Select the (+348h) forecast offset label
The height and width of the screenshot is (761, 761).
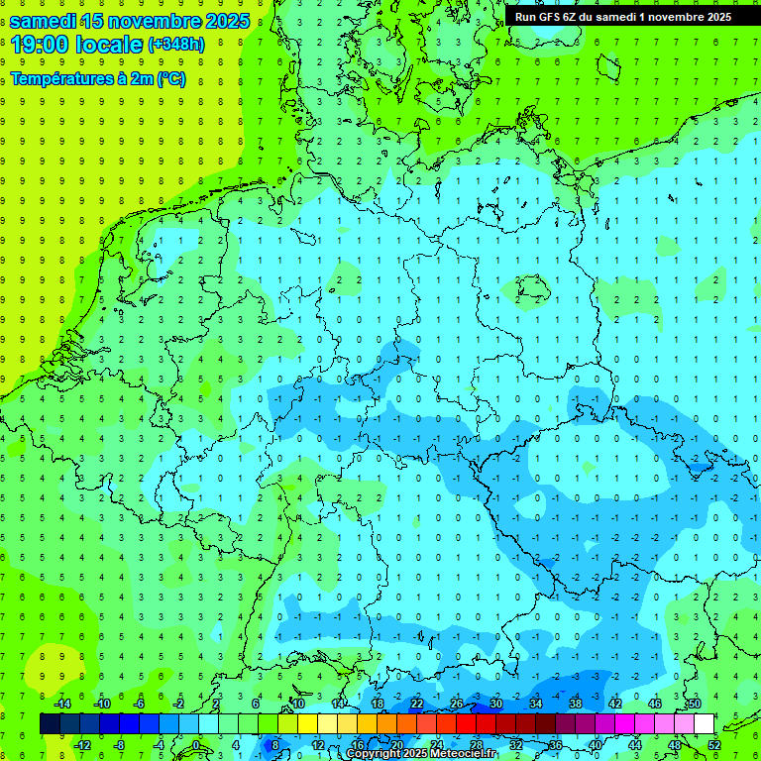click(x=176, y=45)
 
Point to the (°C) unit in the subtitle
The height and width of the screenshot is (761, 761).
click(x=170, y=79)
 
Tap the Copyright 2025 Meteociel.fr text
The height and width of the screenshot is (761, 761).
click(x=422, y=754)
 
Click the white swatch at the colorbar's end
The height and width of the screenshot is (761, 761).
click(x=704, y=724)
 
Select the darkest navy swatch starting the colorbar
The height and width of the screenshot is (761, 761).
click(x=50, y=724)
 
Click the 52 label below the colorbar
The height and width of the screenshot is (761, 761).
click(x=715, y=745)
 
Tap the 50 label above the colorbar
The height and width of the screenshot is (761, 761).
click(x=695, y=704)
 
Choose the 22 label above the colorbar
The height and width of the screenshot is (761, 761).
click(x=417, y=704)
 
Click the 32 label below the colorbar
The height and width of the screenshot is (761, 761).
click(x=516, y=745)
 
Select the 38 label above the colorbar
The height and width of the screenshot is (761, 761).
click(x=576, y=704)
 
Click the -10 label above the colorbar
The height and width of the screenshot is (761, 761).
click(x=101, y=704)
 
